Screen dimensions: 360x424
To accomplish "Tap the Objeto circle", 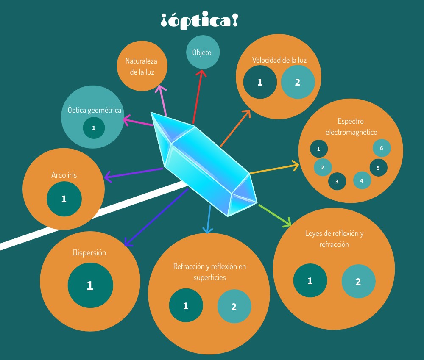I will click(202, 53).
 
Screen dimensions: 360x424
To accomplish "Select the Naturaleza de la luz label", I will click(142, 66).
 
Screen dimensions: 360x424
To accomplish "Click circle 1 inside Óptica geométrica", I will click(94, 127).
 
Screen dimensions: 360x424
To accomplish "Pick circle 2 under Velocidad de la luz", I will click(298, 82).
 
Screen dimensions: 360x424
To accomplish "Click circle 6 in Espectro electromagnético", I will click(382, 148).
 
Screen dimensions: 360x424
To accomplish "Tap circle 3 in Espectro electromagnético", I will click(337, 181).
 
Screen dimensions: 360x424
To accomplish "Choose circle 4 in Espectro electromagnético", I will click(362, 180).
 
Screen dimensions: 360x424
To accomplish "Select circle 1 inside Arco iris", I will click(64, 199).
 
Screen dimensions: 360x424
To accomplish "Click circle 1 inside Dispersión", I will click(90, 285).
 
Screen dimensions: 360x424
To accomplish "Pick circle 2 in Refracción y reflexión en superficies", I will click(234, 307).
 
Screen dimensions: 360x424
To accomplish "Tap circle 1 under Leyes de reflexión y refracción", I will click(310, 280).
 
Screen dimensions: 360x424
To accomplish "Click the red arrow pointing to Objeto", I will click(197, 97).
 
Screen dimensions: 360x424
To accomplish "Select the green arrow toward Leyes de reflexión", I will click(275, 215).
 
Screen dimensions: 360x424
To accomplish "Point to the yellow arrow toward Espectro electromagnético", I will click(273, 169).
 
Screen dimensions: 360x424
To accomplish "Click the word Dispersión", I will click(89, 253).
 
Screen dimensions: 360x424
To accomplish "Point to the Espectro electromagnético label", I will click(351, 127).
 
